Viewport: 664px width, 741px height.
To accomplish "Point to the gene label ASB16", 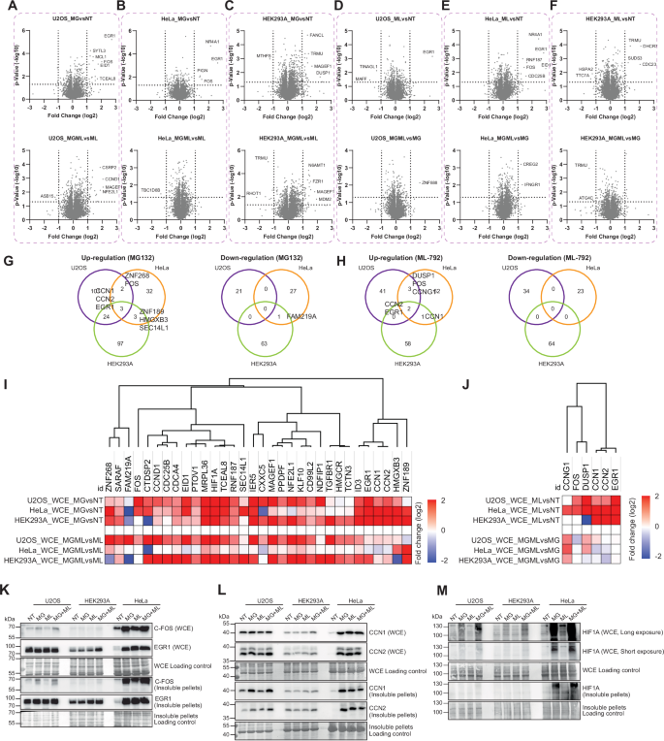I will point(43,196).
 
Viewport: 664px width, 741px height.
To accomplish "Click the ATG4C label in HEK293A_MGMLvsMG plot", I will point(583,199).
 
